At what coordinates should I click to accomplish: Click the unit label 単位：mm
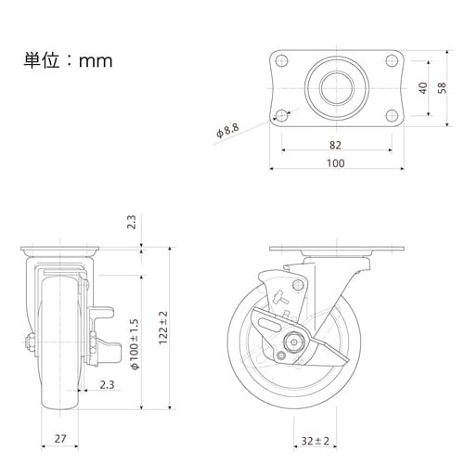68,60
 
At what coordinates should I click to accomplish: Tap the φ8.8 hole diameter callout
227,131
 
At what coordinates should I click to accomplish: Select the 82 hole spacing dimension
335,145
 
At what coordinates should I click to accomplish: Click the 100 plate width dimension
336,163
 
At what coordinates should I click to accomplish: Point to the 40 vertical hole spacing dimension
423,88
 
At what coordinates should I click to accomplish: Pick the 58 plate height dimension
442,88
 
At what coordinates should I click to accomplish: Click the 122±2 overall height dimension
163,328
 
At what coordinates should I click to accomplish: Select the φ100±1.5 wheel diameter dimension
135,344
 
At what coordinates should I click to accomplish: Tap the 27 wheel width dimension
60,438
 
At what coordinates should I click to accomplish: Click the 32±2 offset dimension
316,441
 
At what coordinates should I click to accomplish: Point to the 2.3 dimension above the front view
132,222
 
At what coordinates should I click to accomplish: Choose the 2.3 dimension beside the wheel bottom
107,385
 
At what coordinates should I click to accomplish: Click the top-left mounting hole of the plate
281,60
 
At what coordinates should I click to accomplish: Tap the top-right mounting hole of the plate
392,60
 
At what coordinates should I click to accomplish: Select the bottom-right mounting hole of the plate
392,116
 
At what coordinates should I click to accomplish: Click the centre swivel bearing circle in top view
337,88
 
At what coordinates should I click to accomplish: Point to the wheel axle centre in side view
294,342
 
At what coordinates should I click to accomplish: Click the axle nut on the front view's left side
31,342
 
